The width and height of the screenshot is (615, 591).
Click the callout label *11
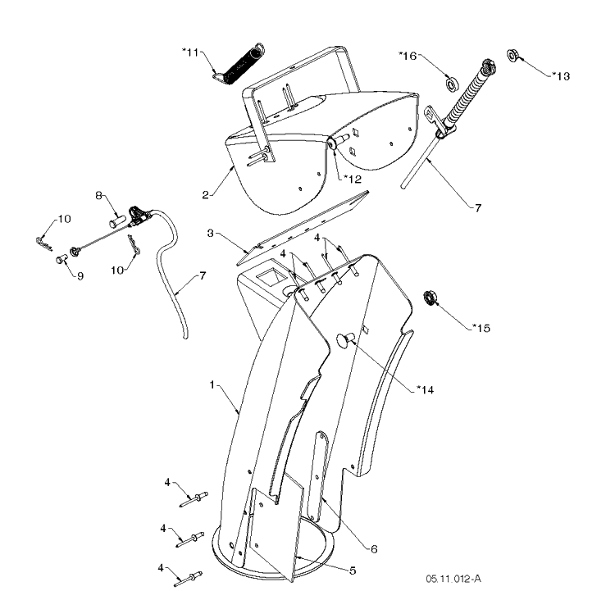190,52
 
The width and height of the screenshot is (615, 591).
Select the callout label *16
408,56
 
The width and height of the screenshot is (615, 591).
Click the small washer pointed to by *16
452,84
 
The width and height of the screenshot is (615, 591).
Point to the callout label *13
561,75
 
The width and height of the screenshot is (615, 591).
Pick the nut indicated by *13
512,55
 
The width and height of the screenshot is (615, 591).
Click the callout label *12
353,180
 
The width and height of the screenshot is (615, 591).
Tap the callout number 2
206,195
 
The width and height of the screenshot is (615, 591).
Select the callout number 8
99,195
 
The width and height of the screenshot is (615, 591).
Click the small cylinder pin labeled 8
117,220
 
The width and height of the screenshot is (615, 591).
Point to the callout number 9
80,276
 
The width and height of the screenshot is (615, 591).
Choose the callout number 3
211,234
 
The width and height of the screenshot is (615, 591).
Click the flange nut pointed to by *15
430,298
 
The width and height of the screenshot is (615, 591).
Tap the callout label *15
481,328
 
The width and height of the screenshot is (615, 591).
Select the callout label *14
425,389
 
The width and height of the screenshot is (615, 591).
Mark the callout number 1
212,385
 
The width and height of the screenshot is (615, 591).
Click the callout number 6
374,549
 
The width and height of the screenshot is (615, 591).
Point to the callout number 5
353,571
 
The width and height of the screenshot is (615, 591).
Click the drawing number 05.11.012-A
453,579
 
